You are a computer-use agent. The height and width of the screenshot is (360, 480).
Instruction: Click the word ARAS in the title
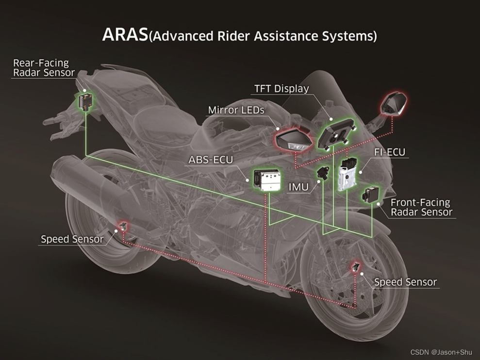[x=124, y=35]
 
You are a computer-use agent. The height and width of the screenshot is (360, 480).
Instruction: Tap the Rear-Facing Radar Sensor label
[x=44, y=68]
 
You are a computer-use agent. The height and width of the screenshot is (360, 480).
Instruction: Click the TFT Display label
[x=281, y=89]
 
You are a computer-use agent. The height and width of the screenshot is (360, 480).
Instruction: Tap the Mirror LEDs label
[x=236, y=110]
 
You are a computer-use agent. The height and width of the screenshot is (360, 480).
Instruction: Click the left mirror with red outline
[x=293, y=140]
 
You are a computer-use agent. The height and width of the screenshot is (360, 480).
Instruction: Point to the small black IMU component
[x=324, y=173]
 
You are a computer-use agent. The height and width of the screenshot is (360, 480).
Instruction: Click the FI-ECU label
[x=389, y=152]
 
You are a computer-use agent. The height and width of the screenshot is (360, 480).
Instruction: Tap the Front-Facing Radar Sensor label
[x=421, y=207]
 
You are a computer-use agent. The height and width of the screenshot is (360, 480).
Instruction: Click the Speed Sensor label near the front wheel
[x=405, y=282]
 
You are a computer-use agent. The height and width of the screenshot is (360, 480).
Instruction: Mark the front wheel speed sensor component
[x=357, y=266]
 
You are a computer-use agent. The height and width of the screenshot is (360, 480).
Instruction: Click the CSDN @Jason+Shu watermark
[x=441, y=352]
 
